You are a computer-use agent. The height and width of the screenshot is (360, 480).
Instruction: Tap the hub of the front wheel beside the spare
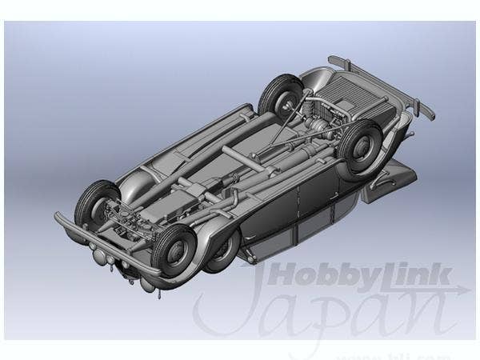pos(177,246)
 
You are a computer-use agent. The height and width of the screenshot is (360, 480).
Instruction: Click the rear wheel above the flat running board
pos(361,148)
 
